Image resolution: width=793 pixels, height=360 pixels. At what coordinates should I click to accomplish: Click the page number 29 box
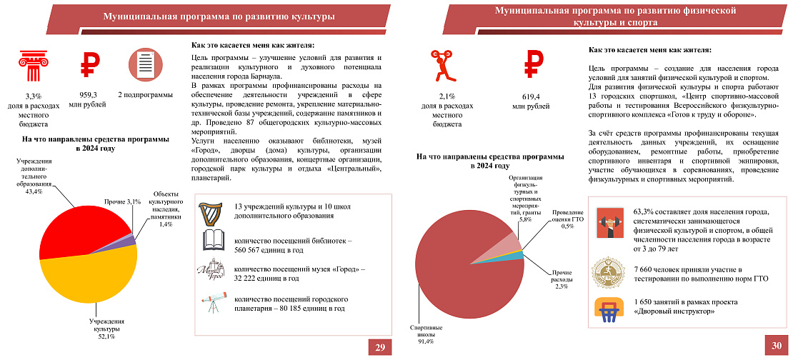(x=380, y=347)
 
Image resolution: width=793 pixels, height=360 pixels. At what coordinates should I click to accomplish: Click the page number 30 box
(x=777, y=346)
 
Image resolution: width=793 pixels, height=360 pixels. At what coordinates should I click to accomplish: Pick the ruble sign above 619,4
(x=531, y=65)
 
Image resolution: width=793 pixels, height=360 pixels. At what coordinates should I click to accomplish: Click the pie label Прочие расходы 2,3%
(x=560, y=279)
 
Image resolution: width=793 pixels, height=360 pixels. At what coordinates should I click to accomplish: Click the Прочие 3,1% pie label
(x=122, y=202)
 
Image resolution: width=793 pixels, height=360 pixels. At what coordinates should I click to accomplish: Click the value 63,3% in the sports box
(x=644, y=212)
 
